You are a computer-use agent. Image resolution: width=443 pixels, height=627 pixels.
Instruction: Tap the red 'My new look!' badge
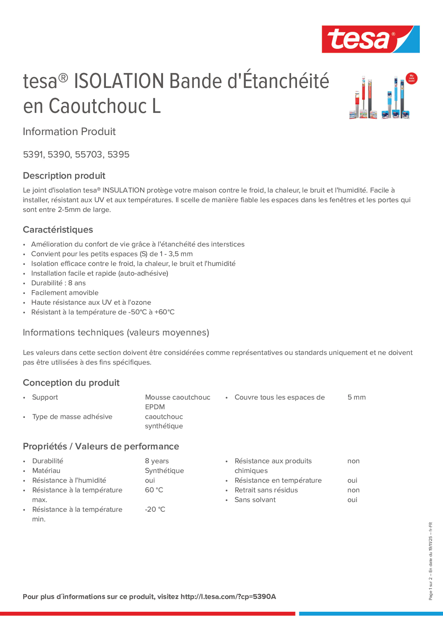click(411, 78)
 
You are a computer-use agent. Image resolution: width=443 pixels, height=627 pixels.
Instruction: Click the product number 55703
click(89, 154)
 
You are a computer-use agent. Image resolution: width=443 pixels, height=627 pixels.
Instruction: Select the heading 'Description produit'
click(64, 176)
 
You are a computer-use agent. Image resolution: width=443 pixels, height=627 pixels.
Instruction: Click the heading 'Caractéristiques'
click(58, 230)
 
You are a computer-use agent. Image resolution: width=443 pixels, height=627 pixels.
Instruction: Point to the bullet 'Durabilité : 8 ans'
click(58, 283)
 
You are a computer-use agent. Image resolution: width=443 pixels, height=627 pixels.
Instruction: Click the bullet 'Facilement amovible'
click(65, 293)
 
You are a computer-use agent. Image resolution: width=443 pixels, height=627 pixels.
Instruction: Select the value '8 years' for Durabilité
click(157, 461)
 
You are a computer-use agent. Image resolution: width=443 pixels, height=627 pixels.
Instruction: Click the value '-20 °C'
click(155, 509)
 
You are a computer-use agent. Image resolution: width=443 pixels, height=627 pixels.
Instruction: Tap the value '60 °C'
click(154, 490)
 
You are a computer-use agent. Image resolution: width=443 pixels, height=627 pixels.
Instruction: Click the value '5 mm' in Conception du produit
click(356, 397)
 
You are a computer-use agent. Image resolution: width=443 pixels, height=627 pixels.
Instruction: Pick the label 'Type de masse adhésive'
click(72, 417)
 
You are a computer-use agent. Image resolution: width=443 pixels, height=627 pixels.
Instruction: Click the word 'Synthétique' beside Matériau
click(164, 471)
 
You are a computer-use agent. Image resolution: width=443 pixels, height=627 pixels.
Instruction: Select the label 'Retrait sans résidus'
click(266, 490)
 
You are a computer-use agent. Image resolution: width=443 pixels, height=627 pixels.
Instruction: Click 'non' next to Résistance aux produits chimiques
click(353, 461)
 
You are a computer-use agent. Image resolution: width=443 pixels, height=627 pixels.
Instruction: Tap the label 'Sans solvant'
click(255, 500)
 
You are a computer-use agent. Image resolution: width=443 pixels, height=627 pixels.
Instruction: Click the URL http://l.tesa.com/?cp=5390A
click(228, 597)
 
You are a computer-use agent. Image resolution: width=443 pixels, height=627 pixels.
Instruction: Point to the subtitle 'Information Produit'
click(69, 132)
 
